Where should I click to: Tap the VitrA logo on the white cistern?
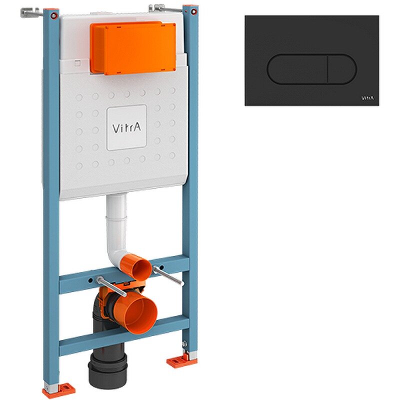(127, 127)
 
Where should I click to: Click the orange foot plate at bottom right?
(178, 361)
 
